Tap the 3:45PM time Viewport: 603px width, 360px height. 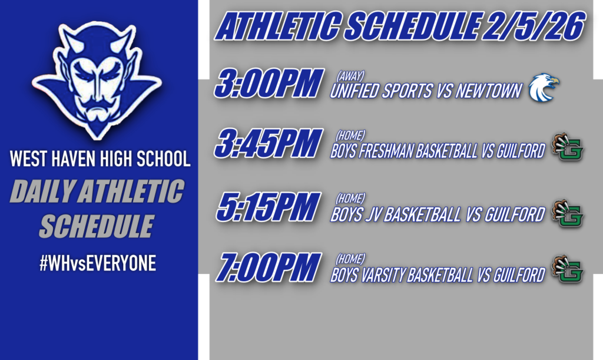tap(268, 143)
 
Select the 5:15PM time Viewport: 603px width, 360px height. tap(268, 207)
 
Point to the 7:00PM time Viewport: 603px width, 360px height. tap(269, 267)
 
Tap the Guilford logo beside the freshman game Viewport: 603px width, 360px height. tap(567, 148)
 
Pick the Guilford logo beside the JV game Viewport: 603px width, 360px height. tap(567, 213)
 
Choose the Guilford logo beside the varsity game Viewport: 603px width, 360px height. tap(567, 272)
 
